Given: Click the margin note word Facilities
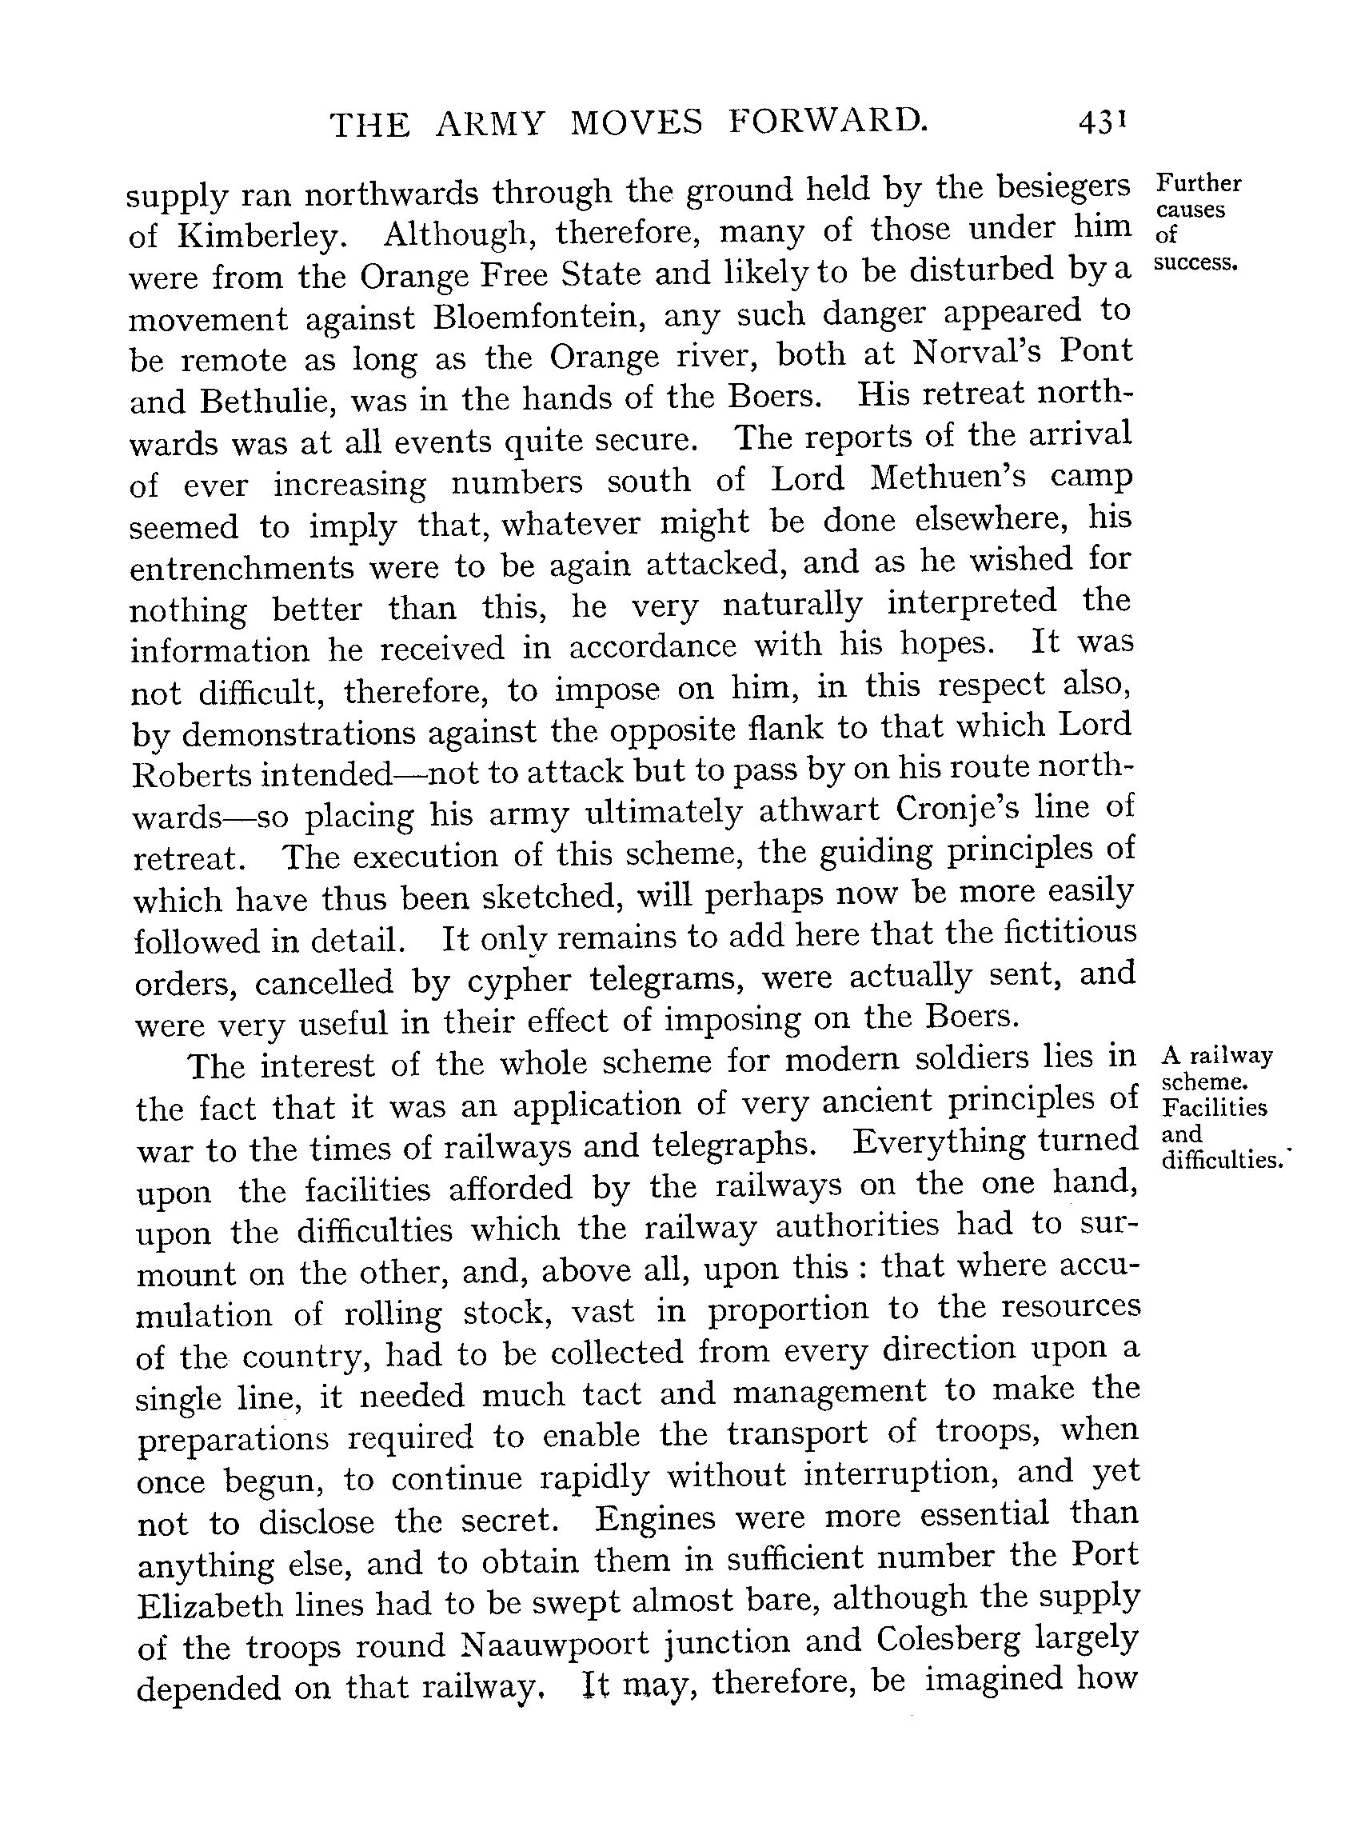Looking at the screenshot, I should (x=1214, y=1107).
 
